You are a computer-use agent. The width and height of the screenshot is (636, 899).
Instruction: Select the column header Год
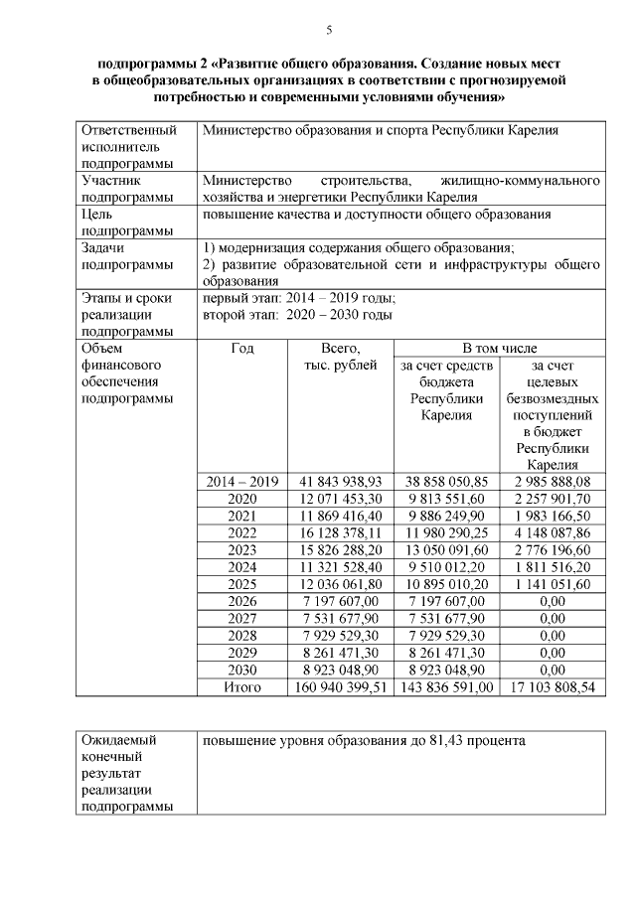(242, 348)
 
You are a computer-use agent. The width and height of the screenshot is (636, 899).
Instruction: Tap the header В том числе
(499, 348)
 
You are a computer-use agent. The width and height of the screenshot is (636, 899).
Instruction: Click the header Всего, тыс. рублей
(341, 357)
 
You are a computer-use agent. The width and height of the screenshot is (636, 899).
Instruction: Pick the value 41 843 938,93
(341, 481)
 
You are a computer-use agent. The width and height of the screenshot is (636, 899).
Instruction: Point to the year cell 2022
(242, 532)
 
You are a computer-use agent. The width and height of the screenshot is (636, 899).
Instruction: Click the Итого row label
(242, 686)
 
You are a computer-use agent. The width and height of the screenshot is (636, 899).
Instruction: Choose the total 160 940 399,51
(341, 686)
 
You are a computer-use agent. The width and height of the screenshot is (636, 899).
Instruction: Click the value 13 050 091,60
(446, 549)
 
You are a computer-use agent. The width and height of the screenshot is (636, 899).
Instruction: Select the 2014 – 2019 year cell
(242, 481)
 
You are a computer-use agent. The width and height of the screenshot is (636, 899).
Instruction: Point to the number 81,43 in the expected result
(457, 741)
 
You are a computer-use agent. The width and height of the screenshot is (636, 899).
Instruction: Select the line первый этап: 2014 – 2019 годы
(298, 298)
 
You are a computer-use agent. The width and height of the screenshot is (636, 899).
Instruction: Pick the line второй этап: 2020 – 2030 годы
(297, 315)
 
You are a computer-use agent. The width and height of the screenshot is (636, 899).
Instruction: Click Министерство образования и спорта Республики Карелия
(381, 130)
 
